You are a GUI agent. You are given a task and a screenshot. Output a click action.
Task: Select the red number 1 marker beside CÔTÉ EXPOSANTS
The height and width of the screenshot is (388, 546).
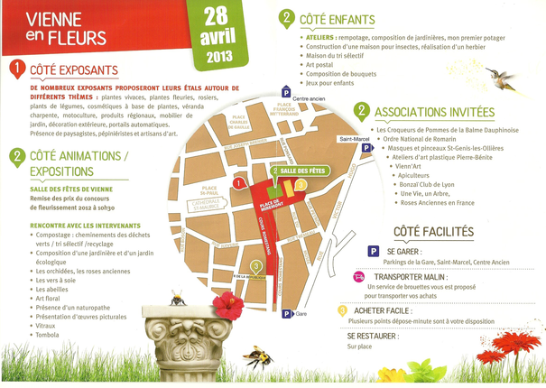tap(16, 68)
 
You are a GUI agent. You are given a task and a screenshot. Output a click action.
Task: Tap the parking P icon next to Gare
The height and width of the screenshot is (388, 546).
tap(287, 314)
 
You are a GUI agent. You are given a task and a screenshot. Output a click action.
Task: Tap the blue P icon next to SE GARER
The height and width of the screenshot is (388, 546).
tap(373, 252)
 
